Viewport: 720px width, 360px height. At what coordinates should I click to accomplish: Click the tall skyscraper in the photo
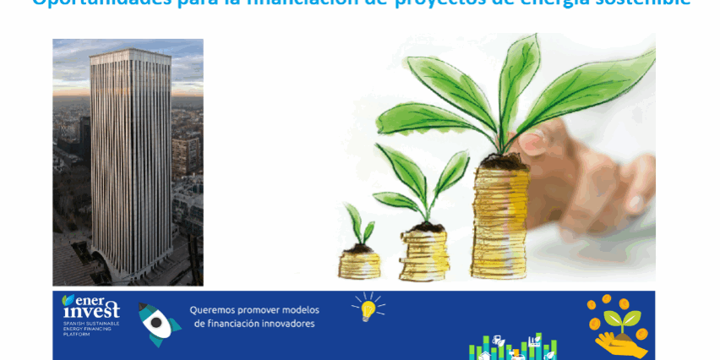point(131,161)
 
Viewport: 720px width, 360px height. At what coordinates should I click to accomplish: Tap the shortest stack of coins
point(358,263)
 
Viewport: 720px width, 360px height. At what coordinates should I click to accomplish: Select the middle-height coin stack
point(425,253)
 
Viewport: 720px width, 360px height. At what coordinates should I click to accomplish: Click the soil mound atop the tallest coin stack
point(505,161)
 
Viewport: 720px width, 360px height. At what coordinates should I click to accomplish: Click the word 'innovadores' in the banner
point(284,324)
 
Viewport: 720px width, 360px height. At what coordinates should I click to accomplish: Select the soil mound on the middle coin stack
point(428,226)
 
